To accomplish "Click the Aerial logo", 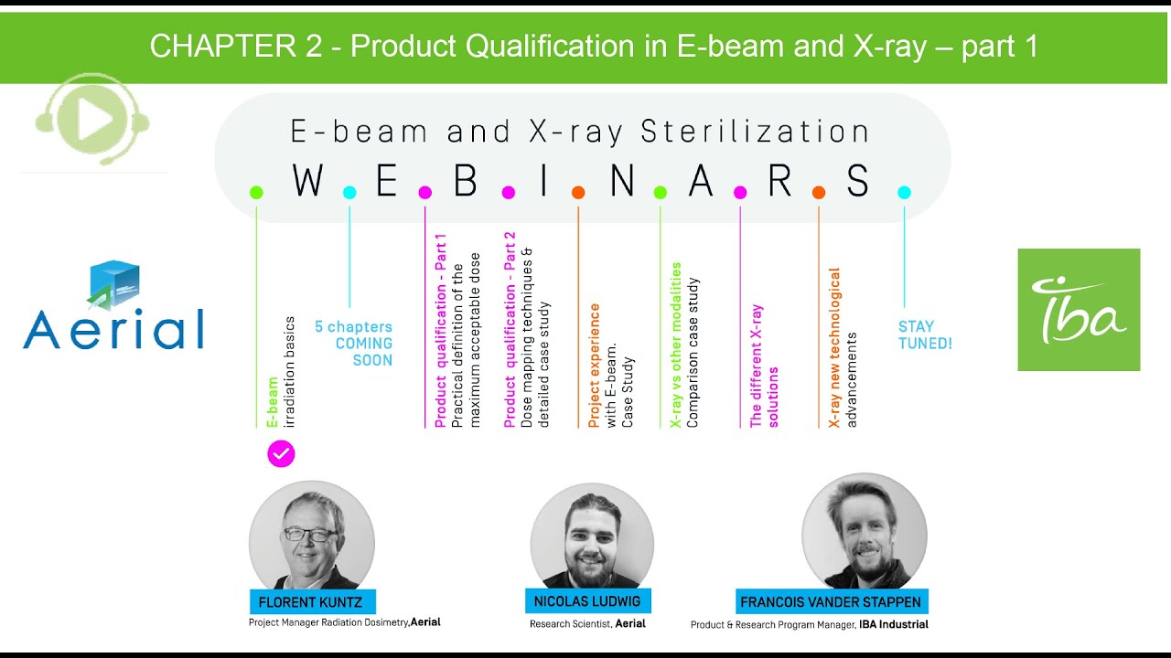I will [x=113, y=307].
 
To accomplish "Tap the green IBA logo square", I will [x=1079, y=310].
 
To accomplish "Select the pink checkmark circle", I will [x=281, y=454].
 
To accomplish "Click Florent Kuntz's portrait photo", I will [x=311, y=539].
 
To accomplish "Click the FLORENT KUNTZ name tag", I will [x=312, y=602].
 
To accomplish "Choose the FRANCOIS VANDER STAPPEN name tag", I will [x=832, y=602].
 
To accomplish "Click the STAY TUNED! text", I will [x=925, y=335].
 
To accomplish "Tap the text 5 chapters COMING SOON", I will [x=355, y=344].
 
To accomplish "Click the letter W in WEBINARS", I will [x=307, y=182].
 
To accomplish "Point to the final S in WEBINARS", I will [x=857, y=182].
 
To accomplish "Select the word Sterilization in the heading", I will [x=756, y=133].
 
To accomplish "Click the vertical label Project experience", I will [x=595, y=366].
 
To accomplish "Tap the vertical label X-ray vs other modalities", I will [x=676, y=345].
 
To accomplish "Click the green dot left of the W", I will [x=256, y=192].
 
